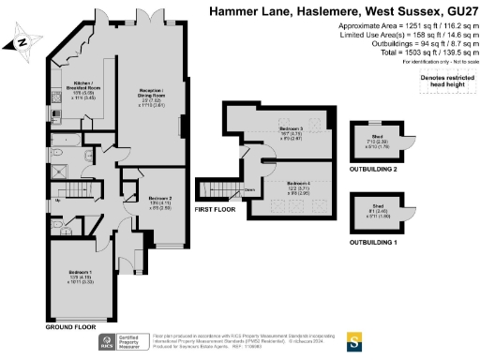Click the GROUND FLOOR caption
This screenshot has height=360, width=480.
71,327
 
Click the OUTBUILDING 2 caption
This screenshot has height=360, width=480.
385,169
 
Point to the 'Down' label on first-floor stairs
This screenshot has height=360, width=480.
250,189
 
